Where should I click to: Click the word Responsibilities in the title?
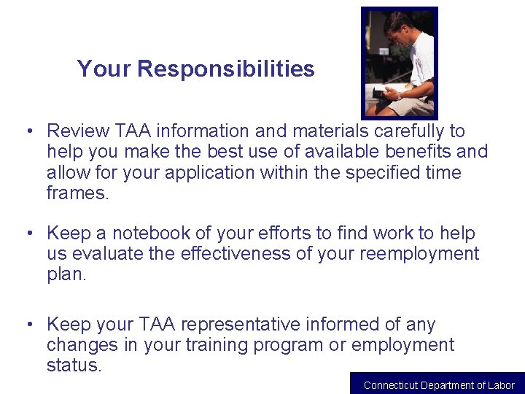[x=225, y=69]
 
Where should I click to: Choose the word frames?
[x=77, y=193]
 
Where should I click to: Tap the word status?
[x=74, y=365]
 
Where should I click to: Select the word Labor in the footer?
[x=502, y=385]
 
